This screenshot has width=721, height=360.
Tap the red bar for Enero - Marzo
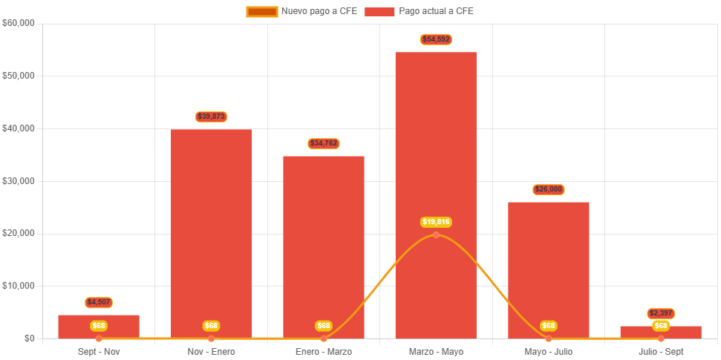tap(324, 238)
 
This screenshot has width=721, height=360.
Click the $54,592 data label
tap(436, 39)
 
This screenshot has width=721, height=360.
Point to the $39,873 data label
tap(212, 117)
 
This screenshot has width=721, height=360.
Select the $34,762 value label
tap(324, 143)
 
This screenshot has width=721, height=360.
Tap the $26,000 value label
tap(548, 190)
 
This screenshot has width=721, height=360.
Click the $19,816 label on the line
tap(436, 222)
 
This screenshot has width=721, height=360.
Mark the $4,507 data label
tap(99, 302)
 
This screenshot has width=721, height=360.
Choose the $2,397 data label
tap(660, 313)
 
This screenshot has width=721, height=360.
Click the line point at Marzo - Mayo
tap(436, 235)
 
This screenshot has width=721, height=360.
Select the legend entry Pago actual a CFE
tap(420, 11)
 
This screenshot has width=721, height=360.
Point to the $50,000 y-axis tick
tap(19, 76)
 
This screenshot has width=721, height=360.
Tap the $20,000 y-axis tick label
tap(19, 233)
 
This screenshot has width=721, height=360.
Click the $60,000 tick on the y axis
tap(19, 23)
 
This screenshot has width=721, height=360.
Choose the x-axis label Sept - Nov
tap(99, 351)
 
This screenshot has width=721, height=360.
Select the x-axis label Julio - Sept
tap(660, 351)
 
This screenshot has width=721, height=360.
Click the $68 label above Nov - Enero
tap(212, 326)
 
